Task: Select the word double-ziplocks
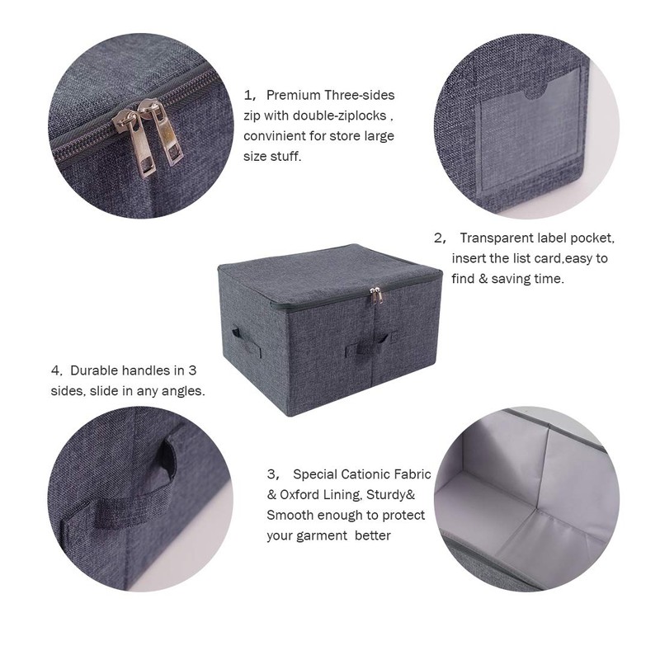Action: click(342, 115)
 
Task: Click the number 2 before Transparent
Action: click(438, 238)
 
